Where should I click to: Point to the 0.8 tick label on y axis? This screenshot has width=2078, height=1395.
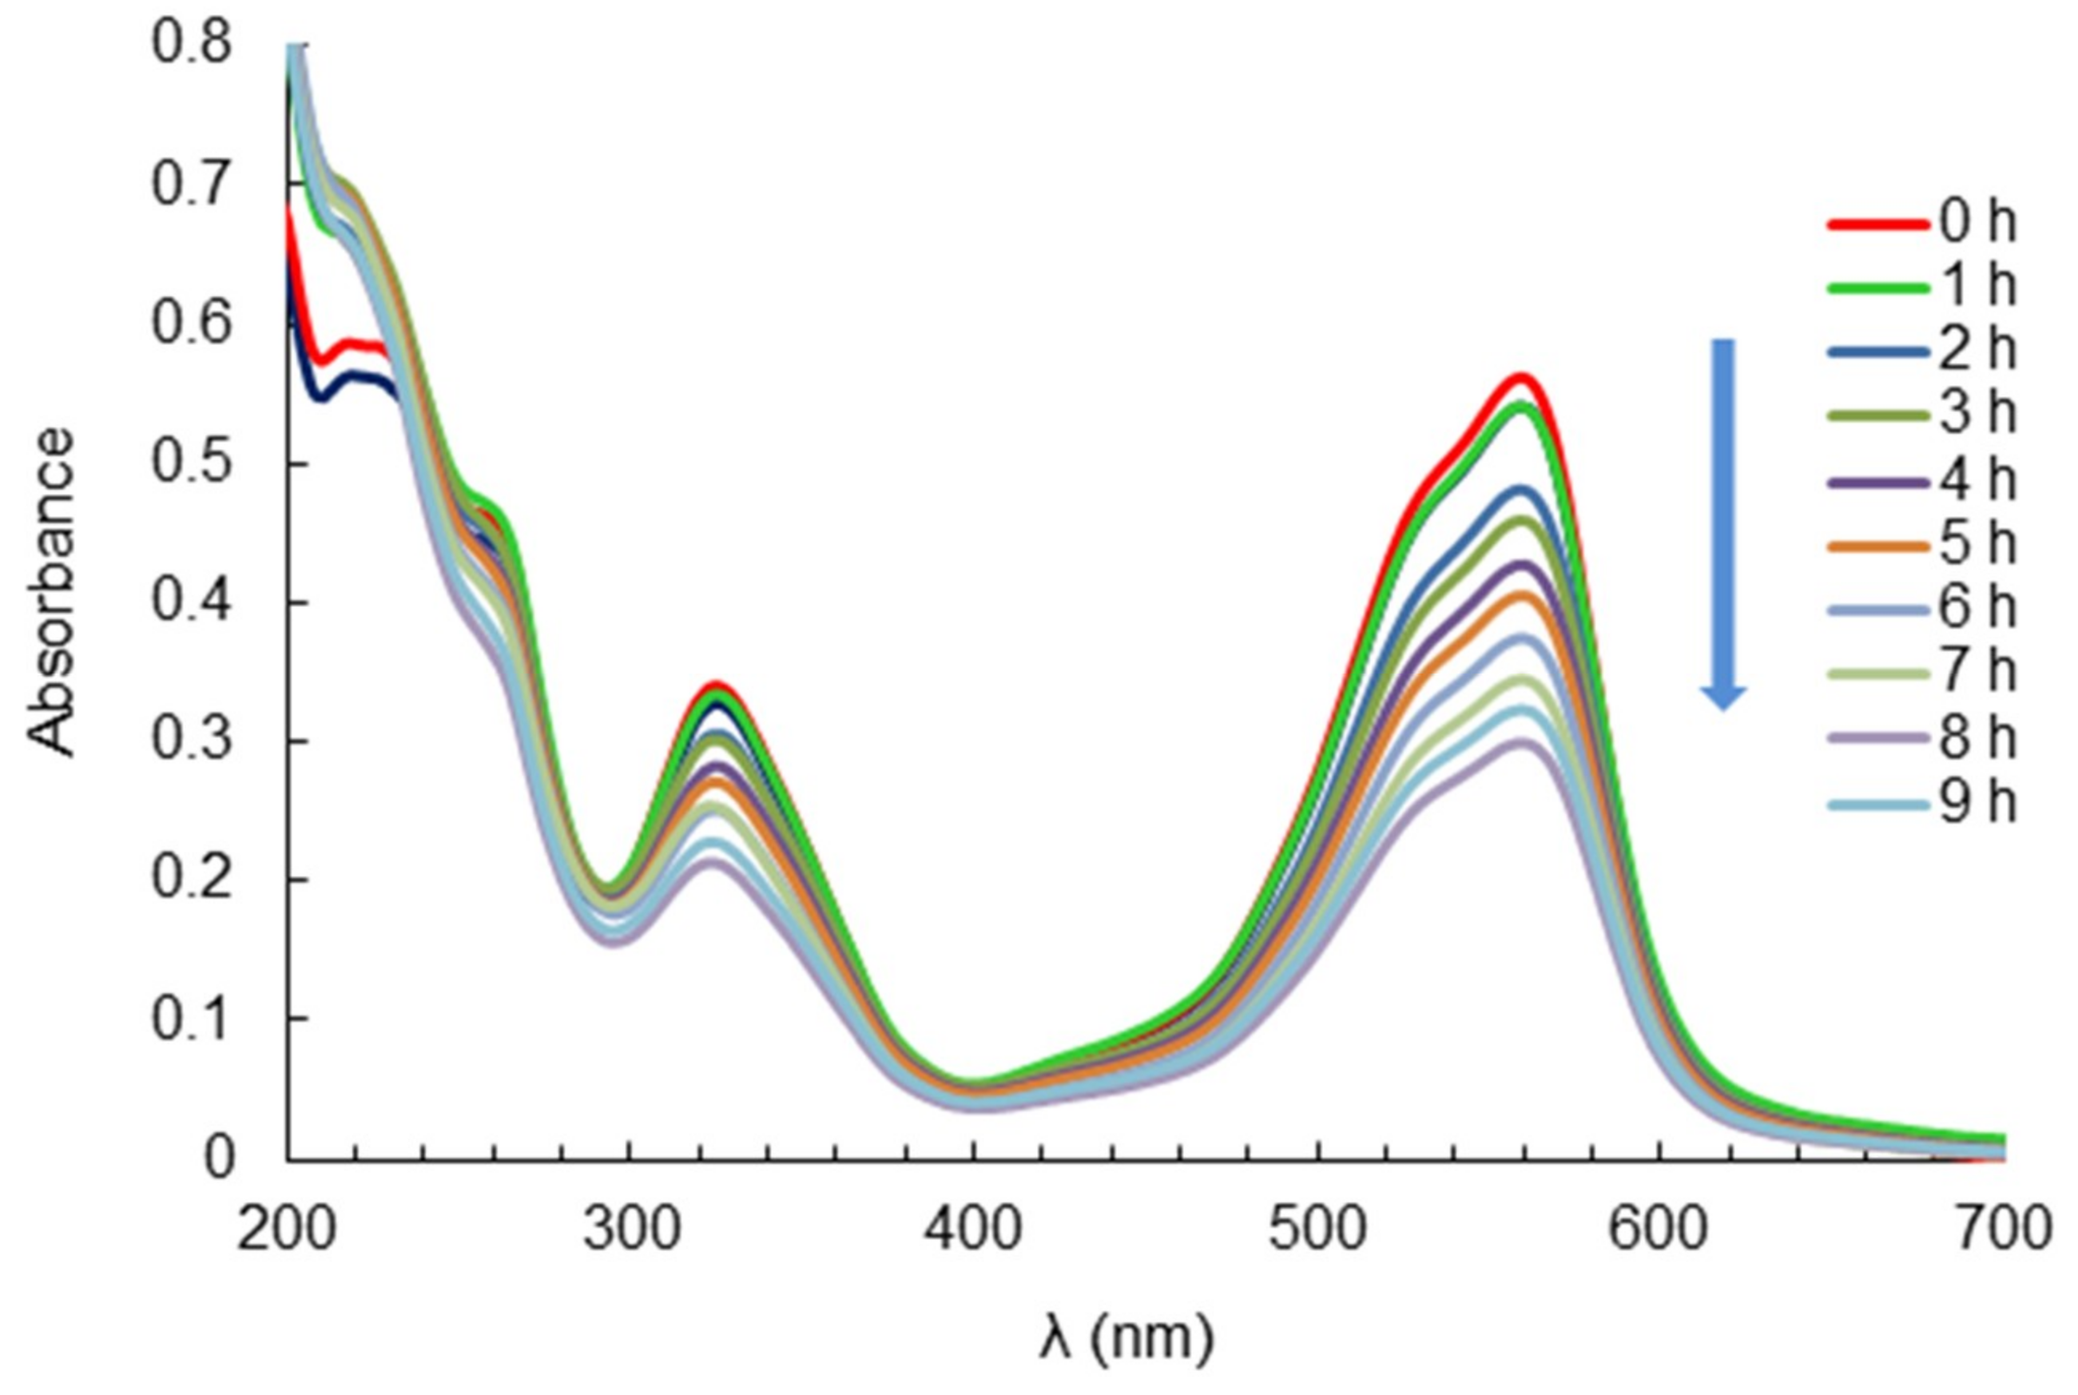(x=191, y=42)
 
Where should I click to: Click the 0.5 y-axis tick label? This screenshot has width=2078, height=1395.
(x=191, y=463)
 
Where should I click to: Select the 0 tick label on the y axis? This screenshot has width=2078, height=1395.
(x=219, y=1159)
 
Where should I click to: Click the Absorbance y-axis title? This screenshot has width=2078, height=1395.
(x=52, y=591)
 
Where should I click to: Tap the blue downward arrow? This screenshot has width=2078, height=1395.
(x=1724, y=525)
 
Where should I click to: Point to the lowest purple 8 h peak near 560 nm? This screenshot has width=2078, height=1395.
(x=1522, y=741)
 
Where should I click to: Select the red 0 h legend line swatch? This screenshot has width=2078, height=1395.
(x=1877, y=223)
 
